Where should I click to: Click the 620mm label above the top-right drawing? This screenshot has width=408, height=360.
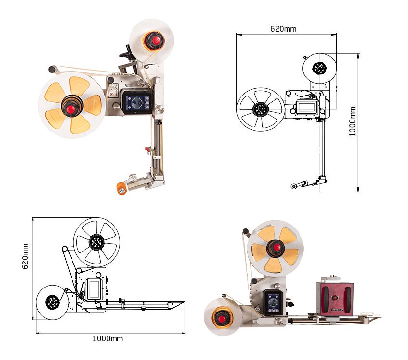tap(283, 29)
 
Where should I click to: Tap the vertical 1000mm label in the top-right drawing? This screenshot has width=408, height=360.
tap(352, 121)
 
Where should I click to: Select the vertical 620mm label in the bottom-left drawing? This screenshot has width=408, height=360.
tap(25, 256)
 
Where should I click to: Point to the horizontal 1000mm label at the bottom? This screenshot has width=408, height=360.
tap(108, 338)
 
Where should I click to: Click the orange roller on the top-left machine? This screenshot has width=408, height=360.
tap(121, 188)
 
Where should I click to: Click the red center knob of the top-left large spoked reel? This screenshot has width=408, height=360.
tap(70, 109)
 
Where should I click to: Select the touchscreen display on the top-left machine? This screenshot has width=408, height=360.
tap(138, 103)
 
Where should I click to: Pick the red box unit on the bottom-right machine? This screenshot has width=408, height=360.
tap(335, 299)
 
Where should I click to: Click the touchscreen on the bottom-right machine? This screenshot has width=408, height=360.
tap(274, 302)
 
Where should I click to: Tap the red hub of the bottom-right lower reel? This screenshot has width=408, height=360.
tap(222, 319)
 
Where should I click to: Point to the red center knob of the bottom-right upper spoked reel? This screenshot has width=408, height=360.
tap(277, 247)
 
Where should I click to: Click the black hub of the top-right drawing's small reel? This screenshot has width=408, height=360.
tap(320, 69)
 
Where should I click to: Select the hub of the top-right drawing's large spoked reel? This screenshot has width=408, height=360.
tap(260, 109)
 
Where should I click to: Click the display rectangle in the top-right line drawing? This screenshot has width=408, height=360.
tap(307, 107)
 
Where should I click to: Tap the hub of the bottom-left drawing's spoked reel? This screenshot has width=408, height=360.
tap(96, 242)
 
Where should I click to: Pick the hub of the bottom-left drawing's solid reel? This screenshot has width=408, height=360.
tap(52, 302)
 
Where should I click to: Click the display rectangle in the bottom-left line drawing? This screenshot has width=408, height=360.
tap(93, 289)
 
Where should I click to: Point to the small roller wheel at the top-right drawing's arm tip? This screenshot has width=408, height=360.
tap(294, 186)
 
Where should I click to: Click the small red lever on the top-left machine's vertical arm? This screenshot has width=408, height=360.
tap(148, 150)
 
